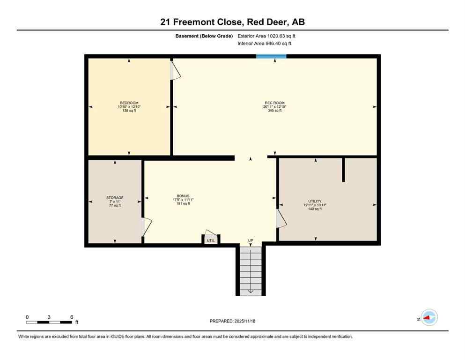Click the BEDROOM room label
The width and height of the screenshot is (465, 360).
click(x=129, y=103)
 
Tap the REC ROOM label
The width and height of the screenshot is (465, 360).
click(x=274, y=103)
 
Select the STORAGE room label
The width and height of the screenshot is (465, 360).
click(x=115, y=198)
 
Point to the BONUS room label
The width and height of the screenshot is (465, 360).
click(x=183, y=196)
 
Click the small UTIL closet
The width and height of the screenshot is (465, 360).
click(x=211, y=240)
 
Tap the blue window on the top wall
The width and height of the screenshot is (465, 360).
click(x=271, y=57)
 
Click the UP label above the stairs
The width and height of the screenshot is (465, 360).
click(x=251, y=240)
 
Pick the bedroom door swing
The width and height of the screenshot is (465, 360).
click(x=175, y=70)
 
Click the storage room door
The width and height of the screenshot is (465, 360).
click(x=147, y=227)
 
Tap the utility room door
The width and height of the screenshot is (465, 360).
click(x=281, y=218)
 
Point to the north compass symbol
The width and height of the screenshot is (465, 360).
click(x=428, y=318)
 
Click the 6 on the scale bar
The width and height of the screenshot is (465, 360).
click(x=72, y=317)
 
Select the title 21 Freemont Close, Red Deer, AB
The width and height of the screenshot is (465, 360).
click(x=232, y=22)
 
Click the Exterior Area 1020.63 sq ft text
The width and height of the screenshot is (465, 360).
click(x=266, y=36)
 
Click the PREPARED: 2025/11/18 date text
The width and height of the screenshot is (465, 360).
click(x=232, y=321)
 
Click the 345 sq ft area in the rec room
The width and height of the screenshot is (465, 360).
click(x=274, y=111)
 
